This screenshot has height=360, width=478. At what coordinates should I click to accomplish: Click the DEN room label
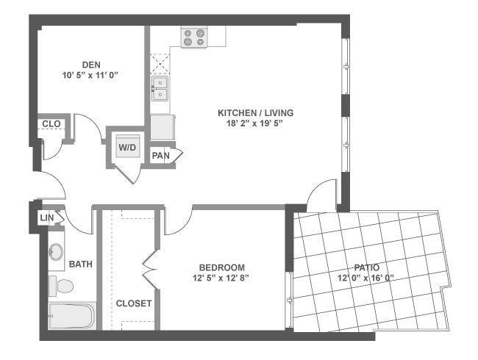[91, 65]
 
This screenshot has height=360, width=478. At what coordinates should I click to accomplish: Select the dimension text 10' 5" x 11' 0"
[90, 75]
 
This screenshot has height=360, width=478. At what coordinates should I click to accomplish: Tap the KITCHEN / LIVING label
[255, 113]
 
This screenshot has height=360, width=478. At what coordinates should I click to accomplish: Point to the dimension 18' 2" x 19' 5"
[255, 123]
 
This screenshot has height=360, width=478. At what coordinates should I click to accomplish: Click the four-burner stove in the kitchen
[194, 37]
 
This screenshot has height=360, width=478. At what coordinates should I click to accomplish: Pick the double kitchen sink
[160, 88]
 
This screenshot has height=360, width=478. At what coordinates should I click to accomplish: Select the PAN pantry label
[160, 156]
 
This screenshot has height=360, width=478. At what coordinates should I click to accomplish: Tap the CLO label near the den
[51, 124]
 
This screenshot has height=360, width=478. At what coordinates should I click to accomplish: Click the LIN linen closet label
[47, 217]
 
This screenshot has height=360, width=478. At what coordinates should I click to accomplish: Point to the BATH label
[80, 264]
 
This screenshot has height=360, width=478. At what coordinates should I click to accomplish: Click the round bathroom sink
[56, 251]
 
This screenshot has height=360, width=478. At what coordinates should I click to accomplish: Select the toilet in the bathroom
[61, 286]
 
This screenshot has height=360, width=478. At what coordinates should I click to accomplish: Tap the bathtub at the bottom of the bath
[72, 315]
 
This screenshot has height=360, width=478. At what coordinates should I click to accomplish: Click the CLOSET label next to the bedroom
[134, 303]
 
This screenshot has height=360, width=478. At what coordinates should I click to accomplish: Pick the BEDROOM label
[222, 267]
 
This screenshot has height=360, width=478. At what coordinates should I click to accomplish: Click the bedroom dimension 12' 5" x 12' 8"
[221, 278]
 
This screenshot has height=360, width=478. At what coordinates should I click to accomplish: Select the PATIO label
[367, 267]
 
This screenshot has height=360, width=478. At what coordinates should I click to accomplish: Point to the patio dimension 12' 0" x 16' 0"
[365, 278]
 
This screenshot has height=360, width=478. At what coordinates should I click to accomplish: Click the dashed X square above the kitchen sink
[160, 64]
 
